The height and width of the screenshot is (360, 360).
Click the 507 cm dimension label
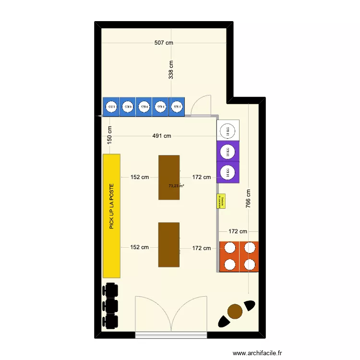(x=164, y=43)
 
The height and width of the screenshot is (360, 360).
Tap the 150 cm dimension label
(x=109, y=134)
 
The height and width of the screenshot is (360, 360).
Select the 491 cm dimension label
(x=162, y=136)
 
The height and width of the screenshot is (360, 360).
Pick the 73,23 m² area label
(x=176, y=186)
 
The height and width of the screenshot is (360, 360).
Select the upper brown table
(x=169, y=177)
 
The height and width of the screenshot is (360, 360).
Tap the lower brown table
(x=169, y=244)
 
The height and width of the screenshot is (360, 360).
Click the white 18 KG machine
(x=228, y=130)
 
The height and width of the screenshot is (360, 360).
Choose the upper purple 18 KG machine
(x=228, y=152)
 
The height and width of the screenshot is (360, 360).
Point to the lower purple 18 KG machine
(x=228, y=171)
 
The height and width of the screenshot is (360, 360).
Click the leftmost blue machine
(x=111, y=107)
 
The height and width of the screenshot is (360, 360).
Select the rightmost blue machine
(x=177, y=107)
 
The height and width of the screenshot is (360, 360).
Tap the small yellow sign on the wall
(x=221, y=201)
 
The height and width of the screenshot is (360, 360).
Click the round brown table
(x=235, y=312)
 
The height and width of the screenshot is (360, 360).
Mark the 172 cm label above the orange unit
(x=238, y=231)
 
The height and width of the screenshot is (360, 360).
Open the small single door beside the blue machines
(x=201, y=106)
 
